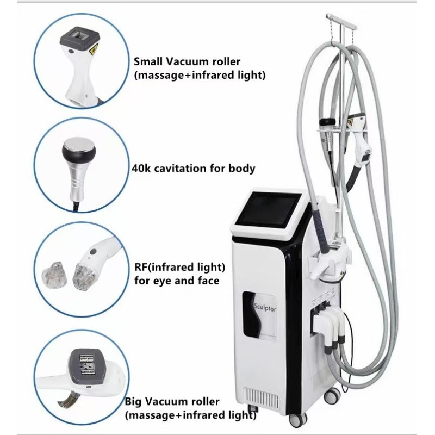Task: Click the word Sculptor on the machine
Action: [265, 308]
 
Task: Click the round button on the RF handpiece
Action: [93, 252]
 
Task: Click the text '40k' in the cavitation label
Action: [141, 169]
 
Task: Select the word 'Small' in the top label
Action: [147, 61]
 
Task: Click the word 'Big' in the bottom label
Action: [133, 402]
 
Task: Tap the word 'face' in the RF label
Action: [208, 281]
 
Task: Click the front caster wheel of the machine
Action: [297, 420]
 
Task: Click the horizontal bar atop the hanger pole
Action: [341, 21]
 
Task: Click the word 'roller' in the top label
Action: [226, 61]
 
